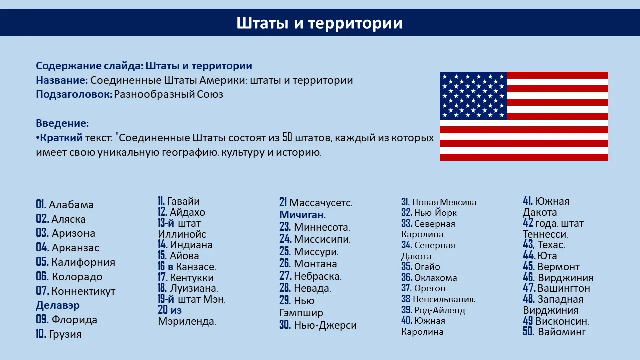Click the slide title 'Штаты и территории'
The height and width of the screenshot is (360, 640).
click(x=319, y=23)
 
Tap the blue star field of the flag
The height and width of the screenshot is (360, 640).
click(x=473, y=95)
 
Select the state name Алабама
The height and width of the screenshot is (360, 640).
click(x=71, y=205)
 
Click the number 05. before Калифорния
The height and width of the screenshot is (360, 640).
click(x=42, y=262)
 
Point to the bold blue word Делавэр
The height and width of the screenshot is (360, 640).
click(x=58, y=305)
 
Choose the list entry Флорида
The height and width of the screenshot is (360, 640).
click(x=74, y=320)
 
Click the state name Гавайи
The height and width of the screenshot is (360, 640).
click(x=183, y=201)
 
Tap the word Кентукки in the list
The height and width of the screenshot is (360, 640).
click(x=192, y=277)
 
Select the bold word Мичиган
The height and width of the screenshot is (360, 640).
click(x=303, y=215)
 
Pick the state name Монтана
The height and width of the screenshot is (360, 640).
click(x=315, y=264)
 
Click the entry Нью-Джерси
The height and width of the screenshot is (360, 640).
click(x=325, y=325)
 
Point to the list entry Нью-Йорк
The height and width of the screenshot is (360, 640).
click(x=435, y=213)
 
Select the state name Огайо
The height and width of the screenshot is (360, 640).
click(x=427, y=267)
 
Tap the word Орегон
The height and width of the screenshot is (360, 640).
click(x=430, y=288)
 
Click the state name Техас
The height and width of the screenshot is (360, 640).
click(x=551, y=245)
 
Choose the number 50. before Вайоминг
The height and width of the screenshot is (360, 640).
click(x=529, y=331)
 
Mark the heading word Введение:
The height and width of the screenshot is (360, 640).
click(x=62, y=123)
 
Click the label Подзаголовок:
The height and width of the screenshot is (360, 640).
click(x=74, y=94)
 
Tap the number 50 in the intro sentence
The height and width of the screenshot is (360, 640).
click(x=287, y=137)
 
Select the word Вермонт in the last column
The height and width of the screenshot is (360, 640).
click(x=559, y=267)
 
